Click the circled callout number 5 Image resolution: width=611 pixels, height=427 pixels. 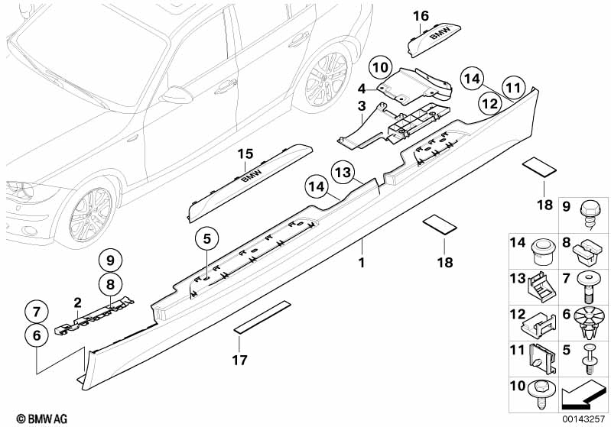[207, 238]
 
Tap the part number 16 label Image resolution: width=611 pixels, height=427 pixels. [421, 16]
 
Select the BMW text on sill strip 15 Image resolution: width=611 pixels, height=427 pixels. [252, 173]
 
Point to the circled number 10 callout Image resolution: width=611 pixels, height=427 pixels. [380, 67]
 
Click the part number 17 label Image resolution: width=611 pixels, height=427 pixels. [239, 360]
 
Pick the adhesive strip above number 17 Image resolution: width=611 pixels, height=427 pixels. [262, 316]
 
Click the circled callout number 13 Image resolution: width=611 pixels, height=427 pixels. [343, 173]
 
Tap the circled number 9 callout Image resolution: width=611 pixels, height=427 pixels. [110, 260]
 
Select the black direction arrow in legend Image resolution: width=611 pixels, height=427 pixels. [583, 394]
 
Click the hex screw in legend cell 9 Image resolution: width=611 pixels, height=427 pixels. [588, 215]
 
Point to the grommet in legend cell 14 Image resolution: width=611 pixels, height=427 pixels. [543, 252]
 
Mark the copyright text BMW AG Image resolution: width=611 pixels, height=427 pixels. [42, 419]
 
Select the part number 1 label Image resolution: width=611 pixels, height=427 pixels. [362, 263]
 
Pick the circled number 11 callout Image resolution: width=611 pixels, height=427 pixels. [513, 88]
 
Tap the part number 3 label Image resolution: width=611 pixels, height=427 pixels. [362, 105]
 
